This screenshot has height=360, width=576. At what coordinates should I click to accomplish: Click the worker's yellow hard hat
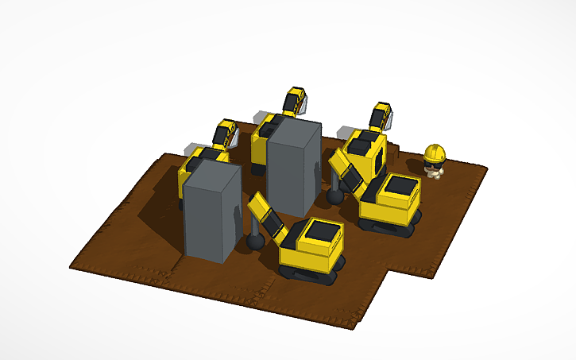tap(435, 150)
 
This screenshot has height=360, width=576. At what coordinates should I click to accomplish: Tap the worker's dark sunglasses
tap(434, 159)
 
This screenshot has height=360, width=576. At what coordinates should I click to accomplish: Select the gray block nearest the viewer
tap(211, 210)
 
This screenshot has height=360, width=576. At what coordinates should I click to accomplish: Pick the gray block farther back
tap(293, 166)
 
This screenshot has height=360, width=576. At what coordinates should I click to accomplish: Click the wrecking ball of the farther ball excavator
tap(335, 194)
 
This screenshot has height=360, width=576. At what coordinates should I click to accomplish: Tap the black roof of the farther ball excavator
tap(398, 187)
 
